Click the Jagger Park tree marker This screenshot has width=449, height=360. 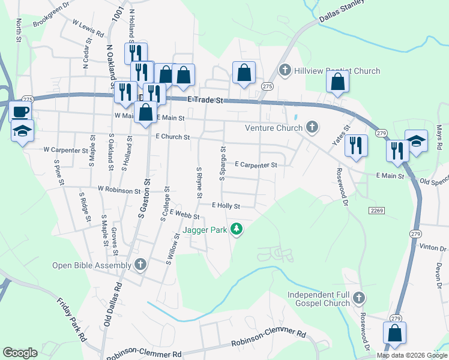(x=237, y=229)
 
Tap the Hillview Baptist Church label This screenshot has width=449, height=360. (x=337, y=71)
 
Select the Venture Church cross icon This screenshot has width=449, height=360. (x=312, y=127)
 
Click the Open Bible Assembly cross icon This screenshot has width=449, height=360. (x=140, y=265)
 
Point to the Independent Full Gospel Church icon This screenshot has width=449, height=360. (x=359, y=297)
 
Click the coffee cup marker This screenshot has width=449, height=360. (x=21, y=112)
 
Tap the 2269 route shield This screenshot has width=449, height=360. (x=376, y=209)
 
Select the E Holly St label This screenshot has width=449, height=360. (x=226, y=206)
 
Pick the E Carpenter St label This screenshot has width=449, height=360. (x=256, y=164)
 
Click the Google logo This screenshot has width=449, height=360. (x=20, y=353)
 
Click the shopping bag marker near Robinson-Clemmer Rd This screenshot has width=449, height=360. (x=394, y=334)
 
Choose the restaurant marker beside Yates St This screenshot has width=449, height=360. (x=356, y=145)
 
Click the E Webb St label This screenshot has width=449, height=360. (x=184, y=214)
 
